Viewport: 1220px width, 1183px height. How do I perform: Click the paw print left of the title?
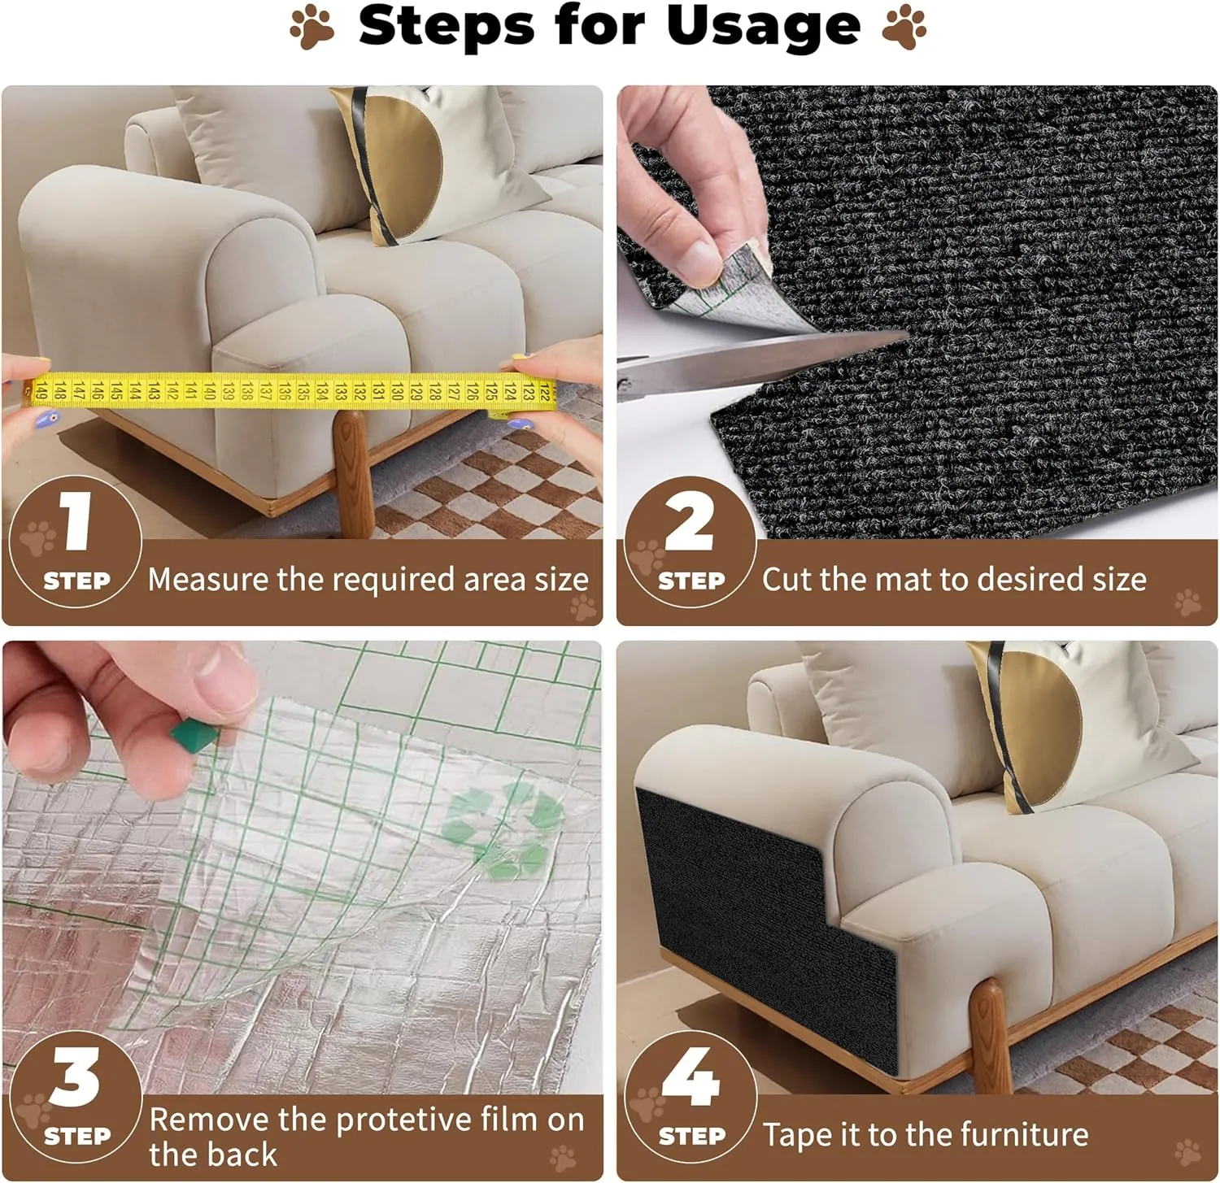click(x=312, y=28)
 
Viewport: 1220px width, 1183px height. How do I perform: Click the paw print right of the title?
click(x=904, y=28)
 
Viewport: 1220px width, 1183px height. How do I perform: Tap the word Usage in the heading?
click(x=763, y=27)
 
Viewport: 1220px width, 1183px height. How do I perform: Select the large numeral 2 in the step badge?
click(x=689, y=522)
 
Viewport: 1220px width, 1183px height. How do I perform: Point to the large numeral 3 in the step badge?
click(x=75, y=1076)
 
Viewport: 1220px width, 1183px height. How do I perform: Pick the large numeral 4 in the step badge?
click(x=691, y=1076)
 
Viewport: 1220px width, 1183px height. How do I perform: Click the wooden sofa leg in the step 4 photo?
click(x=991, y=1037)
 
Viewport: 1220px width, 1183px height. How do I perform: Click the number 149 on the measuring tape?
click(x=39, y=392)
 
